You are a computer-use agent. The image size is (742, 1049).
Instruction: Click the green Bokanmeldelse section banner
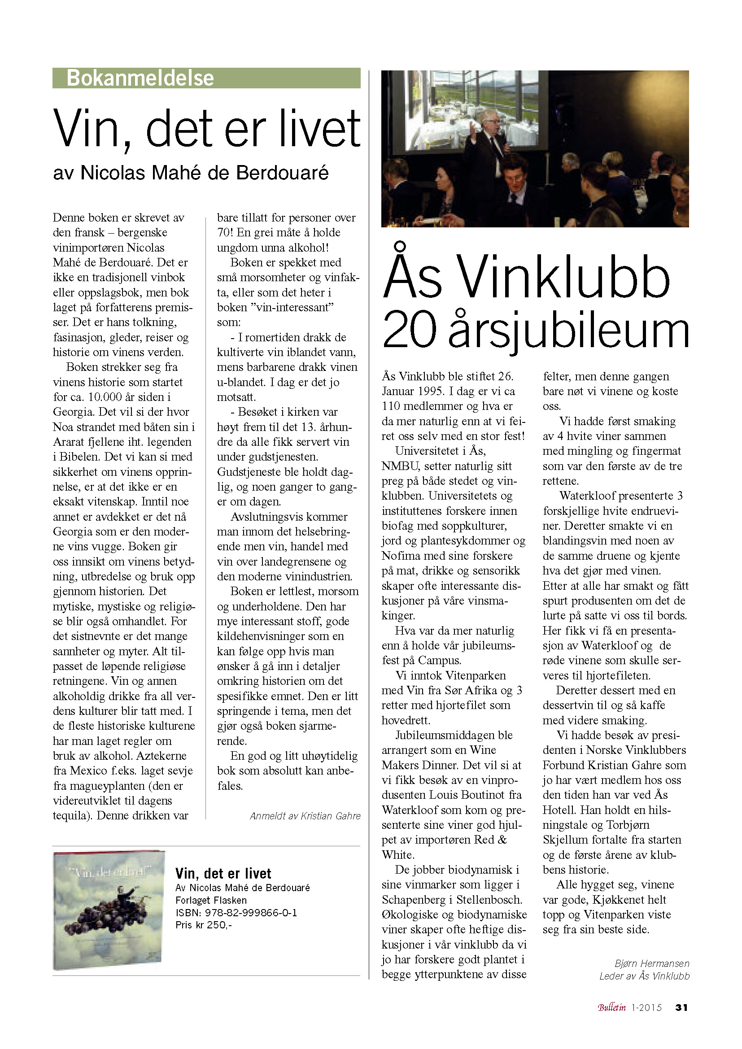206,78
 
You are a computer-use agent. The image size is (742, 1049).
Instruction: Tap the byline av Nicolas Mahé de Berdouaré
191,173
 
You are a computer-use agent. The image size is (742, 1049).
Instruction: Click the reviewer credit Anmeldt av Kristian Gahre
305,816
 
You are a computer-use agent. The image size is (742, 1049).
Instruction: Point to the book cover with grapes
108,909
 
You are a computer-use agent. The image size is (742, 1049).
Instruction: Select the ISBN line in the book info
236,913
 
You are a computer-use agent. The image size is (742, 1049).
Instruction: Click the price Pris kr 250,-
204,925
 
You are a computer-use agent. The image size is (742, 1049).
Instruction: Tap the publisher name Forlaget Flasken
211,901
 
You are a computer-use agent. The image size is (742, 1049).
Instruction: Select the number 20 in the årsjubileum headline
410,330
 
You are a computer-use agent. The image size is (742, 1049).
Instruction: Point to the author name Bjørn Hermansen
652,963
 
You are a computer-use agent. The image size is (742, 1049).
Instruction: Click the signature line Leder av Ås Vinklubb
644,976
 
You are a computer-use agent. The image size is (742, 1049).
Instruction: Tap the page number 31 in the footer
682,1007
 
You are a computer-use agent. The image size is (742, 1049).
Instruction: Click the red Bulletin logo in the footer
612,1007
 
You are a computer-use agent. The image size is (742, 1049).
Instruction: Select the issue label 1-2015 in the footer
646,1007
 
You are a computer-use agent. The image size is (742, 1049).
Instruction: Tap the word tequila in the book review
71,815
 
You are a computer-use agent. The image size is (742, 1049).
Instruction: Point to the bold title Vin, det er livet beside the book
223,874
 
